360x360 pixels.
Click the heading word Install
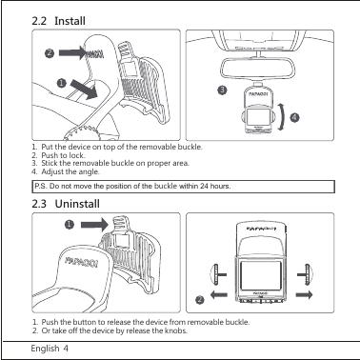[x=70, y=21]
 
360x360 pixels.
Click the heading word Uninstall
[x=77, y=204]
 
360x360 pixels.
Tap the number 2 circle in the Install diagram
[x=50, y=53]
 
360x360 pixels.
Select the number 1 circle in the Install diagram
[x=61, y=83]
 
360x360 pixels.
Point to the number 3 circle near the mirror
[x=222, y=90]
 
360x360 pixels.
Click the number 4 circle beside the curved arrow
[x=295, y=117]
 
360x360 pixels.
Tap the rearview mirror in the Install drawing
[x=257, y=68]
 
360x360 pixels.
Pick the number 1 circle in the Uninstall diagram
[x=70, y=225]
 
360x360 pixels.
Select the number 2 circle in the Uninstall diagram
[x=199, y=299]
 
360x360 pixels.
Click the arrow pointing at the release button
[x=95, y=225]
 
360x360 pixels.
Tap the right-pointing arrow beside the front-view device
[x=304, y=295]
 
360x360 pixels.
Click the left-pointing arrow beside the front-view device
[x=219, y=295]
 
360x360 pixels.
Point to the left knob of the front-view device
[x=218, y=274]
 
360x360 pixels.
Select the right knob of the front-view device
[x=306, y=274]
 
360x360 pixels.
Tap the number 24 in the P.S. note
[x=204, y=186]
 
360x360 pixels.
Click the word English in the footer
[x=45, y=349]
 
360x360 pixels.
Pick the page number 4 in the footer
[x=66, y=348]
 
